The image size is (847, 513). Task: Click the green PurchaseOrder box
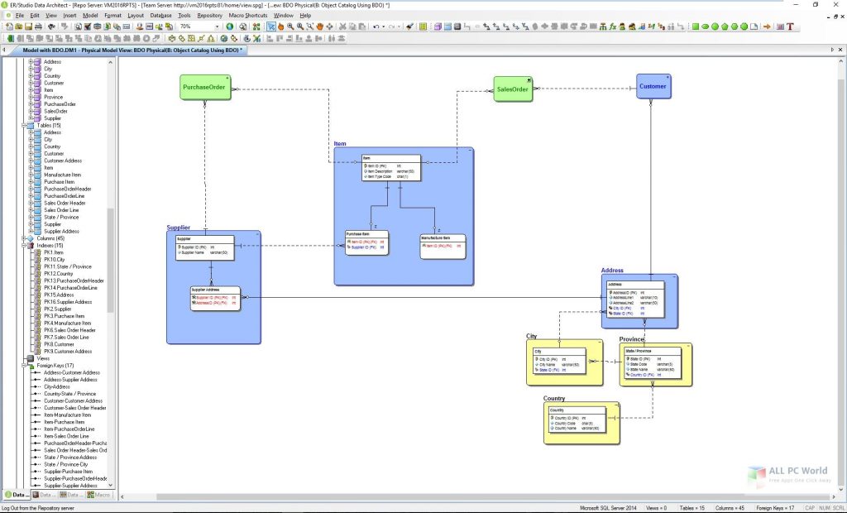(x=205, y=87)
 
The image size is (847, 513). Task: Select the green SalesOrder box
(x=513, y=89)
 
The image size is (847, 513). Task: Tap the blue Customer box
(x=653, y=86)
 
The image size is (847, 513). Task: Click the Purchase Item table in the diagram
(x=366, y=242)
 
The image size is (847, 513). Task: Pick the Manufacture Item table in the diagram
(x=443, y=242)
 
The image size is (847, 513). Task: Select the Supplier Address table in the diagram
(x=215, y=298)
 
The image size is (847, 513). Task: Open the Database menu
(x=161, y=15)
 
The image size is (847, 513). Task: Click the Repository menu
(x=210, y=15)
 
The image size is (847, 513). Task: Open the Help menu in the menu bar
(x=306, y=15)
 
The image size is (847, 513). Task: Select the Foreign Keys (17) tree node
(x=57, y=366)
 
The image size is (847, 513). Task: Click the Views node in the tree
(x=44, y=358)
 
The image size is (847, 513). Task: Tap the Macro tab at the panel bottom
(x=101, y=495)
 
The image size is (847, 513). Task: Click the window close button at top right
(x=836, y=5)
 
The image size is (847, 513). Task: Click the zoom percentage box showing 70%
(x=197, y=26)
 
